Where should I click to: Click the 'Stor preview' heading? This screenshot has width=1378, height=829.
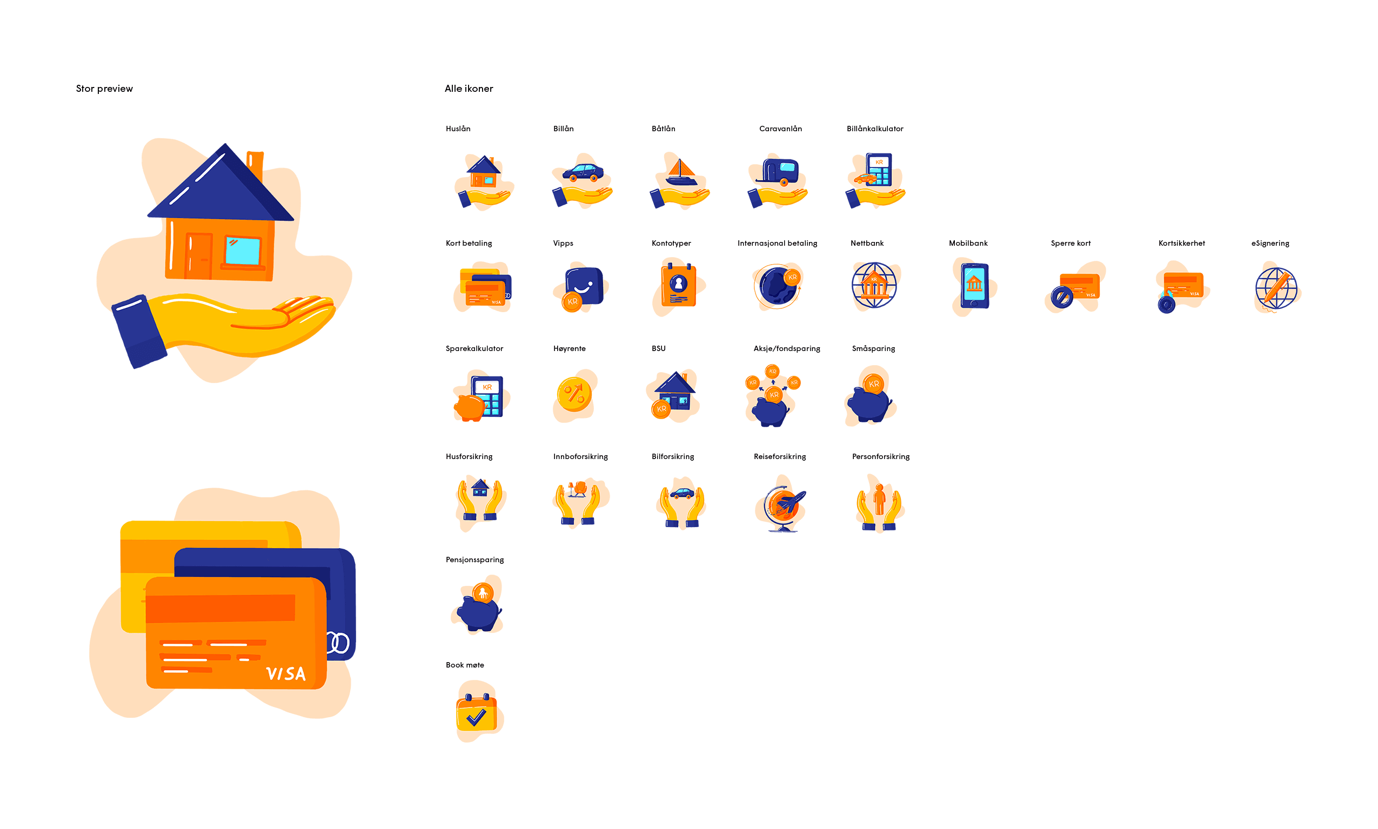[104, 89]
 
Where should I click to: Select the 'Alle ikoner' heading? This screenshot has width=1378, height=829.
[469, 89]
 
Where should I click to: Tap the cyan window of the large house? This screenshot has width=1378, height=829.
[242, 251]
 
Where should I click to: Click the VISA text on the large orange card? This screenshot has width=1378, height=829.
[285, 673]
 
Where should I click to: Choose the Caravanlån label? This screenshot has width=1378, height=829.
[780, 129]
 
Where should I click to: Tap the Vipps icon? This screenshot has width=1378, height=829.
[582, 288]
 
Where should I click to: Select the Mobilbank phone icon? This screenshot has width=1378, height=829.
[974, 286]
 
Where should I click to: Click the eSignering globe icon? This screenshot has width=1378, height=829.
[1276, 288]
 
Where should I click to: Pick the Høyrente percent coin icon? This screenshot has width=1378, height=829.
[574, 394]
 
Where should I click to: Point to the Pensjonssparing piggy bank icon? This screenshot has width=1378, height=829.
[478, 607]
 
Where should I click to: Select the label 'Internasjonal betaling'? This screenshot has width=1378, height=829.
[777, 244]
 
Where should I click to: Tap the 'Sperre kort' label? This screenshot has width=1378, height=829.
[1070, 244]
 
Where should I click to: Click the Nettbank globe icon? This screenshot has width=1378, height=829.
[873, 286]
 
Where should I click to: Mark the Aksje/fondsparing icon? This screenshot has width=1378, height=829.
[772, 395]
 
